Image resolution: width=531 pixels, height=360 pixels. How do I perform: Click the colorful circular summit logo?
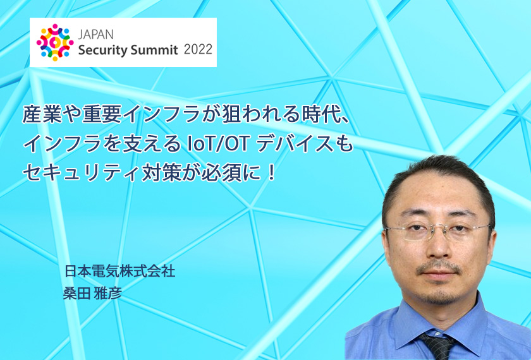pos(55,42)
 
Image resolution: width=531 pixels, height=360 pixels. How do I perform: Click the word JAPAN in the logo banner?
pos(96,35)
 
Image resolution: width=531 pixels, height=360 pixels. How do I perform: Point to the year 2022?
pos(198,49)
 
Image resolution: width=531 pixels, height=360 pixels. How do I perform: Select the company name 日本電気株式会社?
pos(120,271)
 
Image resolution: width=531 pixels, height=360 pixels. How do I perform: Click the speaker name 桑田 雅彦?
pos(92,293)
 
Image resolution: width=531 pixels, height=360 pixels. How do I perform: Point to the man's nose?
pos(439,247)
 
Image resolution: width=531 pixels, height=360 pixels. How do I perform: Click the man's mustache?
pos(438,267)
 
